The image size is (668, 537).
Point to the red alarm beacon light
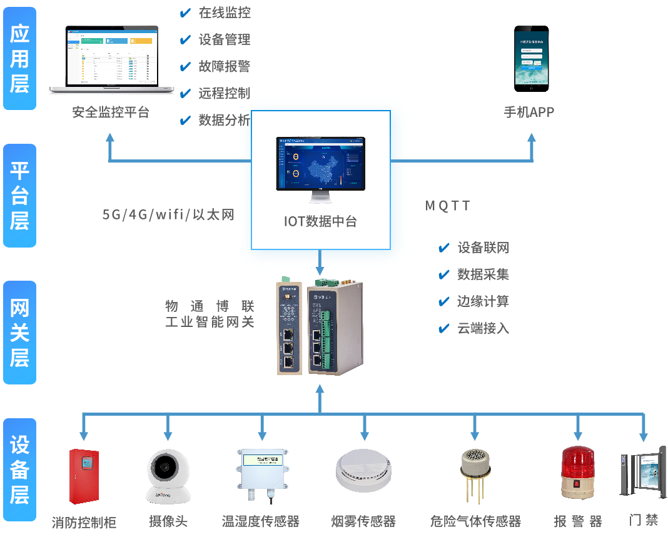tap(577, 473)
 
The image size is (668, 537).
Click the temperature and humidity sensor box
tap(261, 473)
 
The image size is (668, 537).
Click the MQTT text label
tap(448, 206)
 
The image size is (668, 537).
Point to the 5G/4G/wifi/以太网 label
tap(168, 214)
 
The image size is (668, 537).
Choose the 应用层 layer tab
tap(19, 59)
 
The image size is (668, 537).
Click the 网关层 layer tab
tap(19, 333)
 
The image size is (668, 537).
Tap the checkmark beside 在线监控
tap(185, 13)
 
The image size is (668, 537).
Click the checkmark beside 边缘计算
tap(444, 302)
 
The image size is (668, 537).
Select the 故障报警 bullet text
tap(224, 66)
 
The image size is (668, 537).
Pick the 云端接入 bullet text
tap(483, 328)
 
